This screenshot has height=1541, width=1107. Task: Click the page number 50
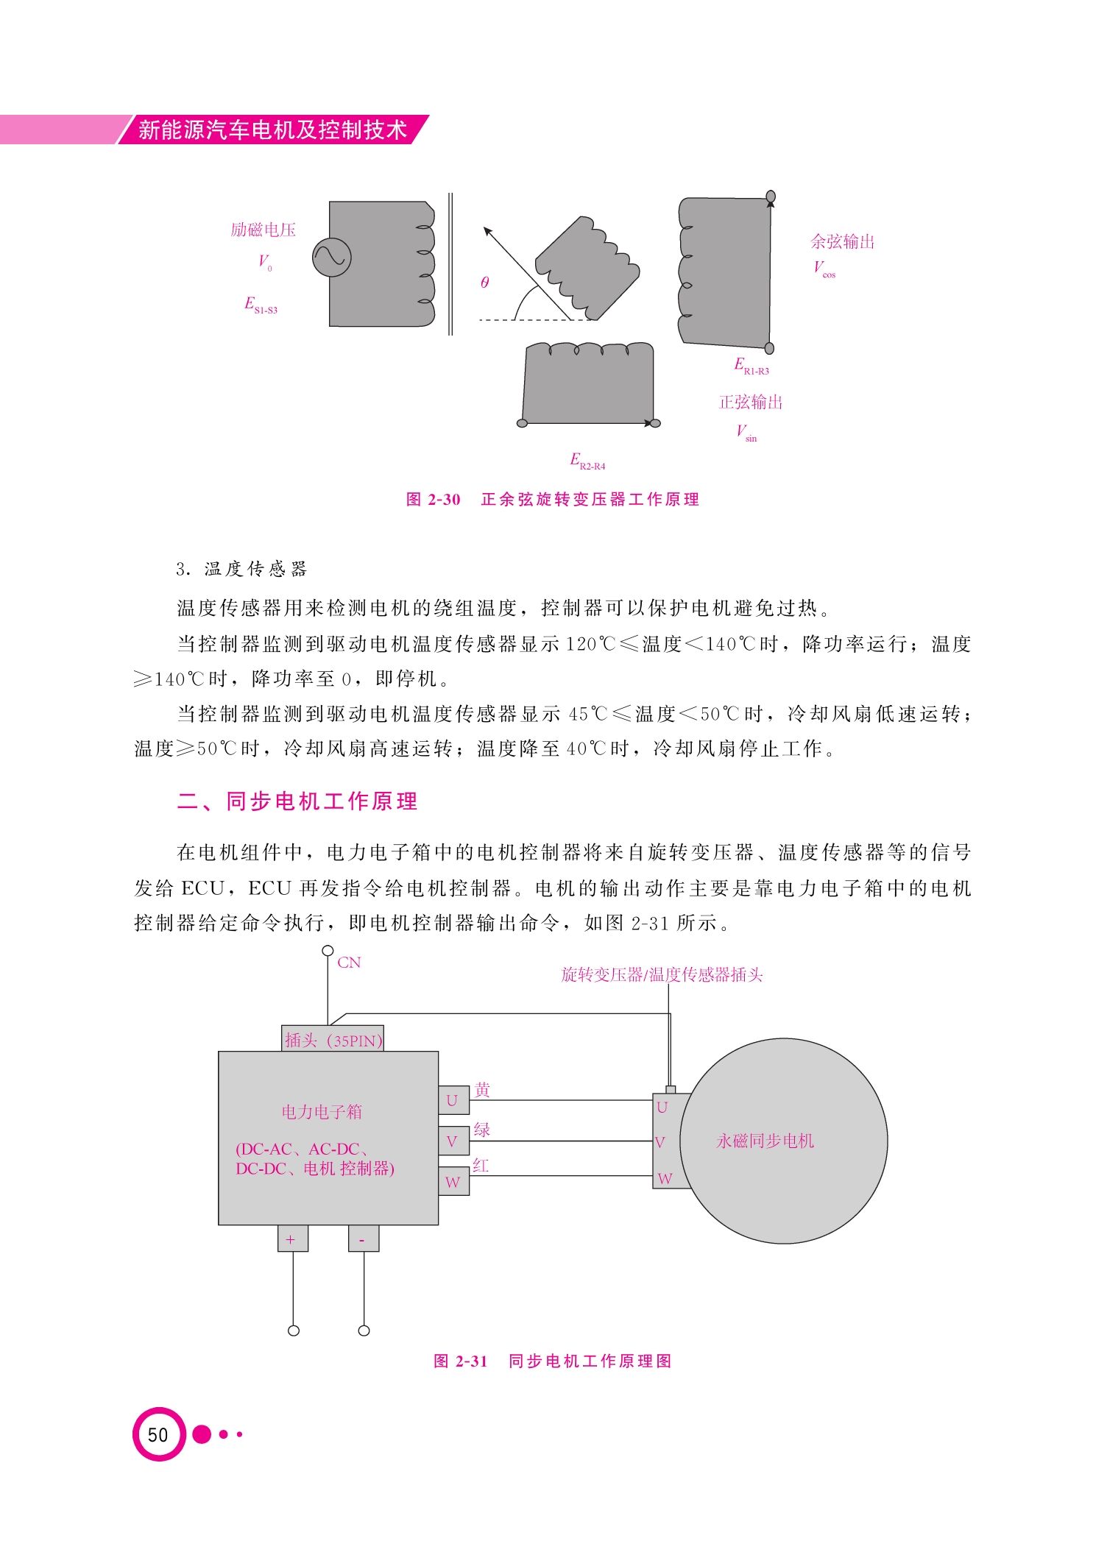158,1434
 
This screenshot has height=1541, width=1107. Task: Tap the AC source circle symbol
331,257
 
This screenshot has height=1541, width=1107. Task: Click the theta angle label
484,283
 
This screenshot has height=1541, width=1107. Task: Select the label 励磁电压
263,230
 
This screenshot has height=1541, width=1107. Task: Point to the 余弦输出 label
843,241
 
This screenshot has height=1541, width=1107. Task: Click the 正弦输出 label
751,402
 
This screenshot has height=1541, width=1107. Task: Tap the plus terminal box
293,1239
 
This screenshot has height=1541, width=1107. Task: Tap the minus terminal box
364,1239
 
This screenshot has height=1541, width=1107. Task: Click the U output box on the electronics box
453,1100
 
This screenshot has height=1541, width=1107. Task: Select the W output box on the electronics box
453,1181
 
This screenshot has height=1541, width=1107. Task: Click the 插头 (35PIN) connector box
333,1038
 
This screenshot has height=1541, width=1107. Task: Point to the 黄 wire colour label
482,1090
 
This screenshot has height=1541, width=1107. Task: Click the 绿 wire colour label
482,1130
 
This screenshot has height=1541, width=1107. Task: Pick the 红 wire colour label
481,1166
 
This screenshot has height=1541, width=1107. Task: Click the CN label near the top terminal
349,963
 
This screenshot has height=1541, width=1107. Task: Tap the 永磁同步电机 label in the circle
765,1141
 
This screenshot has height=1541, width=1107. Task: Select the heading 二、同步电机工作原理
297,801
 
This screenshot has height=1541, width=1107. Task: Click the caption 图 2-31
461,1361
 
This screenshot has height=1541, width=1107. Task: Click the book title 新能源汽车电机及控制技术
272,130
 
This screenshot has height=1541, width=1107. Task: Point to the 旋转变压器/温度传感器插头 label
662,975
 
